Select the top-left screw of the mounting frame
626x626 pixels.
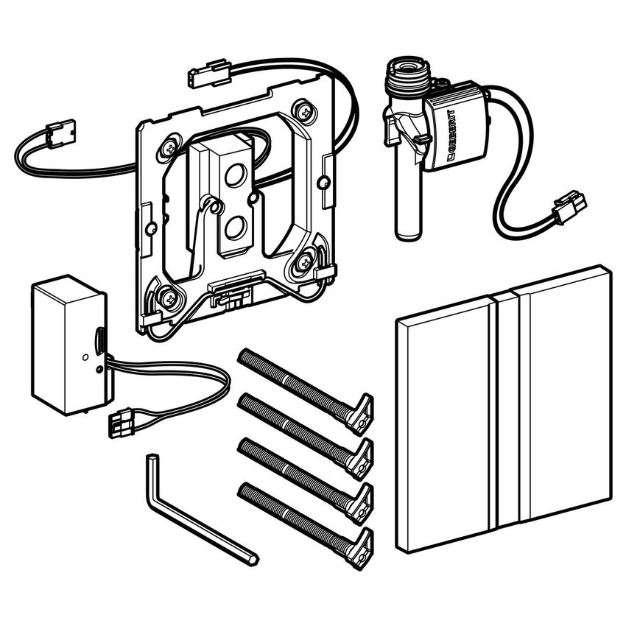point(170,148)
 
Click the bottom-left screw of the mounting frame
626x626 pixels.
point(168,298)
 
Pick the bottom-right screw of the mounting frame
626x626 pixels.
point(306,262)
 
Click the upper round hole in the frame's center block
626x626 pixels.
point(236,176)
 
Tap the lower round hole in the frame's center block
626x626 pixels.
point(236,228)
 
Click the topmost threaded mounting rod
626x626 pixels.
point(306,391)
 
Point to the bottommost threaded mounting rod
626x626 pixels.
point(306,525)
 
